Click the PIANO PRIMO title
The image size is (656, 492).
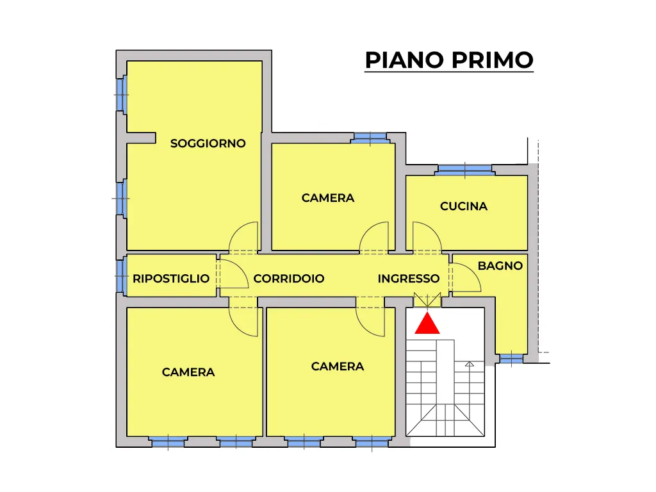tap(449, 60)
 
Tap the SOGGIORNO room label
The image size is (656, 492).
tap(208, 143)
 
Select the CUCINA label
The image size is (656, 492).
tap(464, 206)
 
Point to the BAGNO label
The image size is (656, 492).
tap(500, 266)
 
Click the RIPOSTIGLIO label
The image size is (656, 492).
tap(171, 279)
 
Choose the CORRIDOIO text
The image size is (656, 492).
tap(289, 279)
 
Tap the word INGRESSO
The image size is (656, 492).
tap(408, 279)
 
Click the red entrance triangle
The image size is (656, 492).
tap(427, 324)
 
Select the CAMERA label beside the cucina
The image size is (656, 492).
tap(328, 198)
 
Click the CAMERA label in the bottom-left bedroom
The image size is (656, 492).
tap(188, 372)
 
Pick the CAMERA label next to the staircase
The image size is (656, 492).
tap(338, 366)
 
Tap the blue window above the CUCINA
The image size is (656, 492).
tap(465, 169)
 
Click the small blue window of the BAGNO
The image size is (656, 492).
tap(511, 359)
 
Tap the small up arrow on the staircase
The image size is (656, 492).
tap(470, 365)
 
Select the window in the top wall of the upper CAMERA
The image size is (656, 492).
tap(370, 138)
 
